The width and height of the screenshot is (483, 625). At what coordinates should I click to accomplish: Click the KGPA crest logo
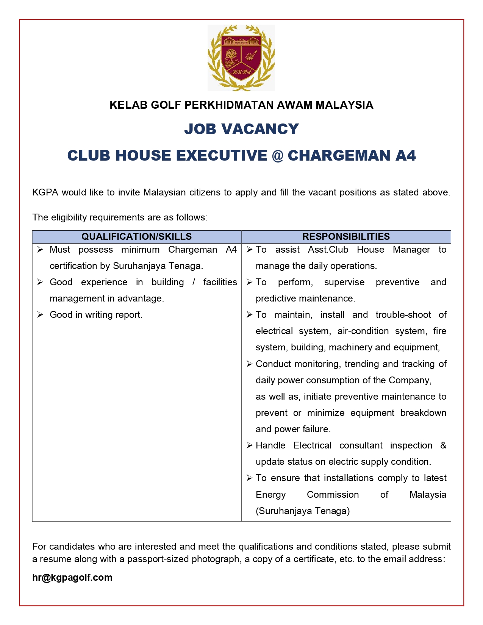(x=241, y=58)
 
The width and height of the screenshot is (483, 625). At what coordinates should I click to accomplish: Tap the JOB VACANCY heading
(x=241, y=129)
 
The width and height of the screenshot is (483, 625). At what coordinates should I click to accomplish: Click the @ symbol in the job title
(x=277, y=156)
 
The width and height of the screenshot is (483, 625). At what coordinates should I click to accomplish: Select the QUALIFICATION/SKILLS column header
(x=136, y=236)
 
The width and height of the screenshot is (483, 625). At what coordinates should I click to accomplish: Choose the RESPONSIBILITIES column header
(x=346, y=236)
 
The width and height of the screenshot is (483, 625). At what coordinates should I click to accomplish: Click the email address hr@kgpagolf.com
(x=72, y=577)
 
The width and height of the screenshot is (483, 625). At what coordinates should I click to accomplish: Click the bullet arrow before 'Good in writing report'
(x=40, y=315)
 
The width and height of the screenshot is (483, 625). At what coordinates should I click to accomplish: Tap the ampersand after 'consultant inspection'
(x=443, y=445)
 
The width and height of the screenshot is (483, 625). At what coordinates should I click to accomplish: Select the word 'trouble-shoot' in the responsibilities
(x=403, y=315)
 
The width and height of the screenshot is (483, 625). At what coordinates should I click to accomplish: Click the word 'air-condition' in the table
(x=363, y=331)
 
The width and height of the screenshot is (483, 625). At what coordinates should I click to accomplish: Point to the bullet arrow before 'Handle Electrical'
(x=249, y=445)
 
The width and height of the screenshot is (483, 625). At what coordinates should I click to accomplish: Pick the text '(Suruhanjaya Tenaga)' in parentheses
(x=303, y=511)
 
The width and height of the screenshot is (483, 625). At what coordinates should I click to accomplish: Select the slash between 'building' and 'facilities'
(x=194, y=282)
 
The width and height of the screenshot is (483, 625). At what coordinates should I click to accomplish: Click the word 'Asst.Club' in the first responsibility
(x=328, y=250)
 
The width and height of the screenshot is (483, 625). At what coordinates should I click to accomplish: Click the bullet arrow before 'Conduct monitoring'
(x=249, y=364)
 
